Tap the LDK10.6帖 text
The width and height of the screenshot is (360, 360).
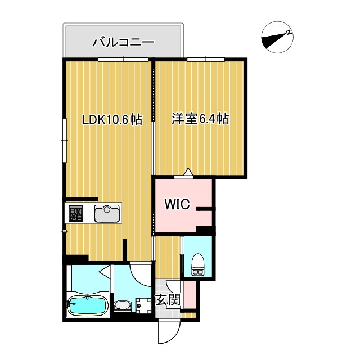112,119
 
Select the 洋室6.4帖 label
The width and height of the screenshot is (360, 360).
200,119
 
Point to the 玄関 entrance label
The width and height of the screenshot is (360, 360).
167,300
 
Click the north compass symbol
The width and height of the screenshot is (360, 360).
277,38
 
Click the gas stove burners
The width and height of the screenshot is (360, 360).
75,214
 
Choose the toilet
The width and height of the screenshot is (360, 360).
197,263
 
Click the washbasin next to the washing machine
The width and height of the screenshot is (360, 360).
122,306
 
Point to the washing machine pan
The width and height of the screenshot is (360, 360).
143,304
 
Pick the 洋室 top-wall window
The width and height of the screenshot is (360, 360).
205,58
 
